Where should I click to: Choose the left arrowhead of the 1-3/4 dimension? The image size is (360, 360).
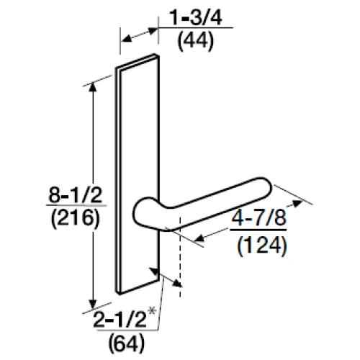click(x=123, y=39)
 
